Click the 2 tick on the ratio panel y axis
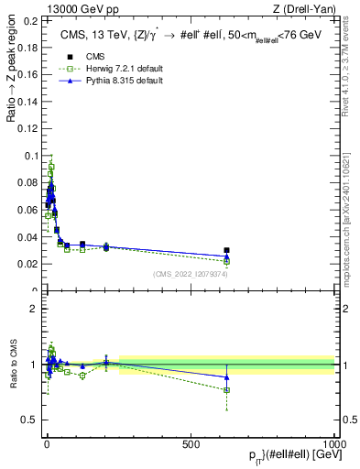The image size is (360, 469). point(36,309)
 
